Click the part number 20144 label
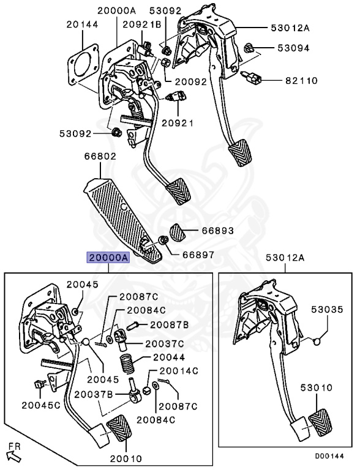click(x=82, y=24)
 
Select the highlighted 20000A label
click(x=108, y=258)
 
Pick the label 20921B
click(x=141, y=24)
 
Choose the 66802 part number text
click(x=100, y=157)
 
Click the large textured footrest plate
click(x=122, y=214)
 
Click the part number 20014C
click(x=179, y=370)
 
